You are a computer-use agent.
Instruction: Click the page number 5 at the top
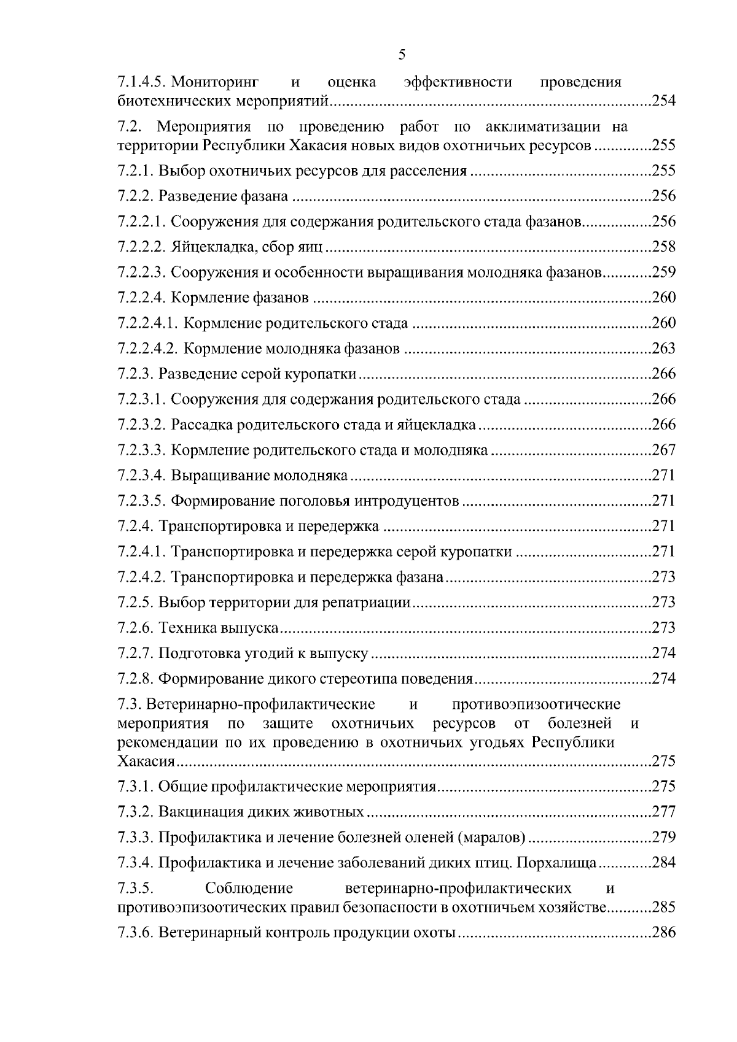(x=402, y=55)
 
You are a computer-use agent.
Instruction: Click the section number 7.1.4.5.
(x=142, y=82)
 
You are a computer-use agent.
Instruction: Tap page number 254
(x=663, y=101)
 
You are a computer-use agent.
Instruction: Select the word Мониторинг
(x=213, y=82)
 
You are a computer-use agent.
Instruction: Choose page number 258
(x=663, y=247)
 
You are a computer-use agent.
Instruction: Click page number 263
(x=663, y=349)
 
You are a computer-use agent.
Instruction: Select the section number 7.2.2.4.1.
(x=148, y=323)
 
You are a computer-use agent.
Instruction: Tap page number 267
(x=663, y=450)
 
